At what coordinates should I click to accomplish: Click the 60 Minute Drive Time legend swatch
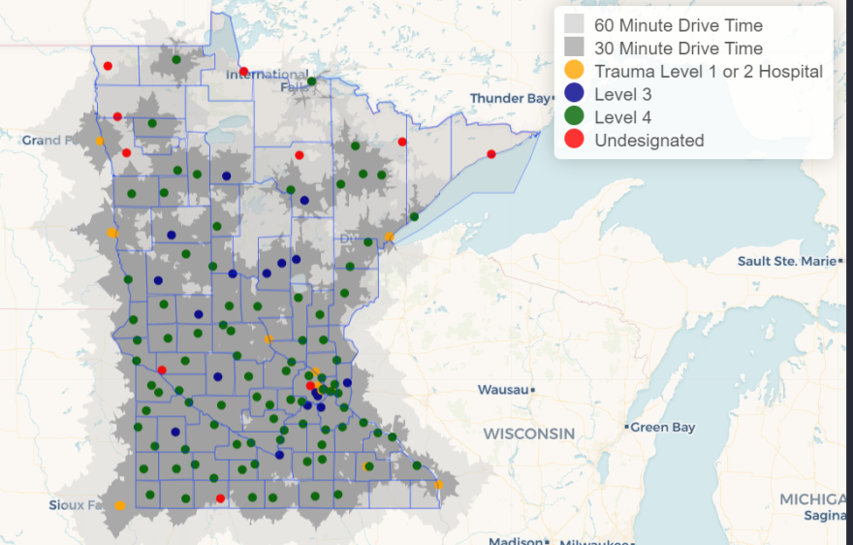(575, 25)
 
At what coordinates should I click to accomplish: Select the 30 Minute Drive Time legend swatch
(575, 48)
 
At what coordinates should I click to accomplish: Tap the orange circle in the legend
(575, 71)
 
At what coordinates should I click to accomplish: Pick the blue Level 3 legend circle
(575, 94)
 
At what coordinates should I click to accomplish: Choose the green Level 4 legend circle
(575, 117)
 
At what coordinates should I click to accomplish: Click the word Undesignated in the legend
(648, 141)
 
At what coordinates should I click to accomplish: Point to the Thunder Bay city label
(510, 99)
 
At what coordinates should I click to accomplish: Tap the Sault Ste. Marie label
(784, 261)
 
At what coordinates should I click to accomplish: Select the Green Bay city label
(663, 427)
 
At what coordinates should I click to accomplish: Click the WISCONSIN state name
(528, 433)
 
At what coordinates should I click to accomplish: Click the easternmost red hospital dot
(491, 154)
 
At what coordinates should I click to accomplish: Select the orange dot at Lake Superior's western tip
(390, 237)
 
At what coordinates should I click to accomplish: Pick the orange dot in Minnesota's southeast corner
(438, 485)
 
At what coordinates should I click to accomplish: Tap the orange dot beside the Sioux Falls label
(120, 505)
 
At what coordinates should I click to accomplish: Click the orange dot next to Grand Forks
(99, 141)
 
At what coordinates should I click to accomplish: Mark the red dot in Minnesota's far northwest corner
(108, 66)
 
